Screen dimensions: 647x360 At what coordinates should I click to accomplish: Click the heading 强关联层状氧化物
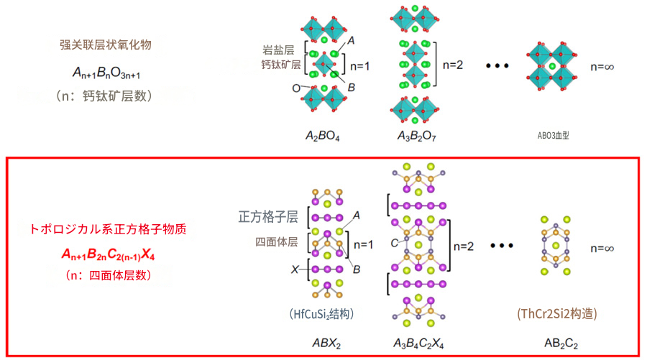[106, 45]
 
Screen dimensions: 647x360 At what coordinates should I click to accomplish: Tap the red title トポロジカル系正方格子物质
[108, 229]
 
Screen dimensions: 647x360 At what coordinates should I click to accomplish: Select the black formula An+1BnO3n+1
[106, 73]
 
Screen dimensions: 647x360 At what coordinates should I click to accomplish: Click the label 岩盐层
[278, 50]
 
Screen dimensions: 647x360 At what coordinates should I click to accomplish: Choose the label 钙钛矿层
[280, 65]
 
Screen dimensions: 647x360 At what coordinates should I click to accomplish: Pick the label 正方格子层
[268, 216]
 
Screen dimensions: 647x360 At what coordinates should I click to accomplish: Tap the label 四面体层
[276, 241]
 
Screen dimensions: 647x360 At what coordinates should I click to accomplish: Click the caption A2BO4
[322, 136]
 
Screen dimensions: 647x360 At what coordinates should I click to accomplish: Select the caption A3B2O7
[416, 136]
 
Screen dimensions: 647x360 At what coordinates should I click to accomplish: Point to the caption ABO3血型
[553, 135]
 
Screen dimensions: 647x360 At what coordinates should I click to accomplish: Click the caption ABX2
[326, 343]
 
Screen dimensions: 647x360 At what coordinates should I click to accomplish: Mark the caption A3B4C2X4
[418, 343]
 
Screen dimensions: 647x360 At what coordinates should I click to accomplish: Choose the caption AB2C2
[561, 343]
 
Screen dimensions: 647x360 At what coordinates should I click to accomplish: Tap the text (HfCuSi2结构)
[321, 314]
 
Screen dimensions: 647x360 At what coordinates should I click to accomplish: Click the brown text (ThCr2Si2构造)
[557, 314]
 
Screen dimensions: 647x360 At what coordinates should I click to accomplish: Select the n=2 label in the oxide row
[453, 65]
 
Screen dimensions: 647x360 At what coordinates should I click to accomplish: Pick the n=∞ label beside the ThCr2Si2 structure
[602, 248]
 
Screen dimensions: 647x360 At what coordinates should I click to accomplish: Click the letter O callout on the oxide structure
[296, 88]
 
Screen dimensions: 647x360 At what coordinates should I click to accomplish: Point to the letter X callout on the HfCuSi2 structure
[295, 269]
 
